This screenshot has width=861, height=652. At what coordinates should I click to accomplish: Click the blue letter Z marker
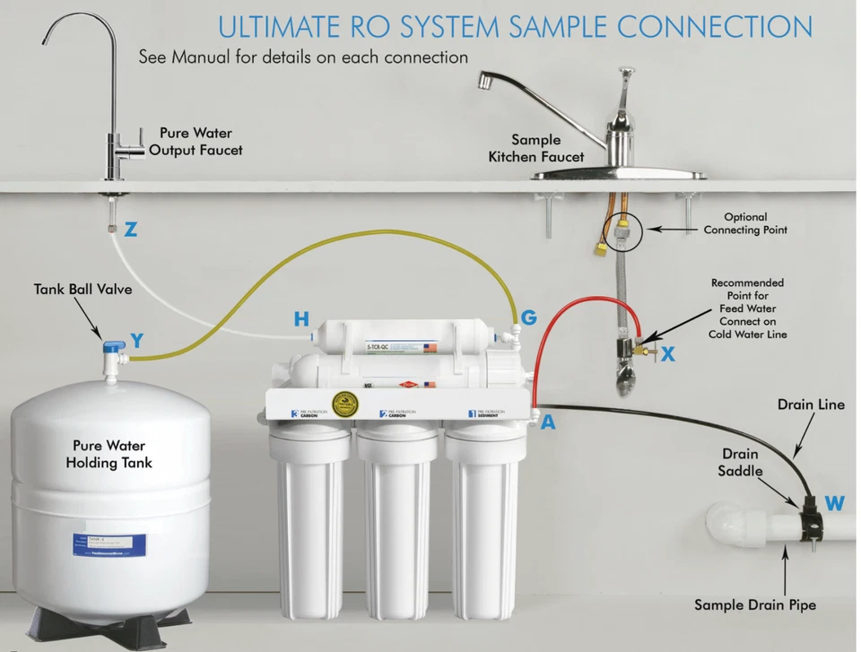click(131, 230)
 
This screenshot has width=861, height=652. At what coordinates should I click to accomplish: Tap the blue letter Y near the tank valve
click(136, 340)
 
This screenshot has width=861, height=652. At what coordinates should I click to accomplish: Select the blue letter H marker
click(301, 319)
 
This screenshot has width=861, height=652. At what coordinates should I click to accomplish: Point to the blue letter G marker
click(528, 317)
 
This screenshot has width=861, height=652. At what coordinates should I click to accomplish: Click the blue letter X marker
click(667, 354)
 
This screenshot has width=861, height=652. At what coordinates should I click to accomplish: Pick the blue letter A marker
click(547, 422)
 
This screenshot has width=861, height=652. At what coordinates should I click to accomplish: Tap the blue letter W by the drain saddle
click(834, 504)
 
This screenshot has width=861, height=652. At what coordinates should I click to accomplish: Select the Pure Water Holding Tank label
click(109, 454)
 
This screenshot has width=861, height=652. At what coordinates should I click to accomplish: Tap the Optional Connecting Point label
click(745, 223)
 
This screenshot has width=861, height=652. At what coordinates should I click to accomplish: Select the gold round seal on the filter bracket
click(342, 404)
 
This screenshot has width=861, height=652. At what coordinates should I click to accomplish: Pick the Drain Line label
click(810, 404)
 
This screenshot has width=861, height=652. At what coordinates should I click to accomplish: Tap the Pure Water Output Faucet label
click(196, 142)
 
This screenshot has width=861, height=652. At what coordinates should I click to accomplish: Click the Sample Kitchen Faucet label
click(536, 148)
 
